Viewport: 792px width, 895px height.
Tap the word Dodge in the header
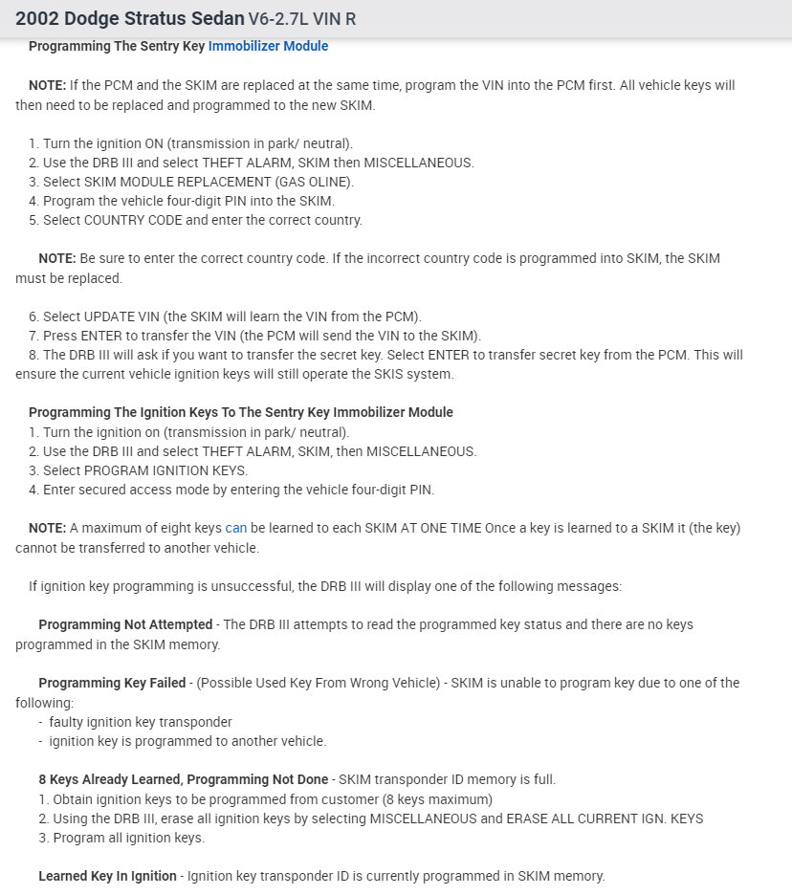(x=96, y=18)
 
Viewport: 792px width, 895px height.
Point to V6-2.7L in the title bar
(x=284, y=18)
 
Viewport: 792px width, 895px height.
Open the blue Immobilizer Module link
(x=268, y=46)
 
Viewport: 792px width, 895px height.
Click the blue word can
(x=235, y=528)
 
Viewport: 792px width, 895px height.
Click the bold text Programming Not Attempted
(x=125, y=624)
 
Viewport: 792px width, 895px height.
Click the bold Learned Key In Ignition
(x=107, y=876)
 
